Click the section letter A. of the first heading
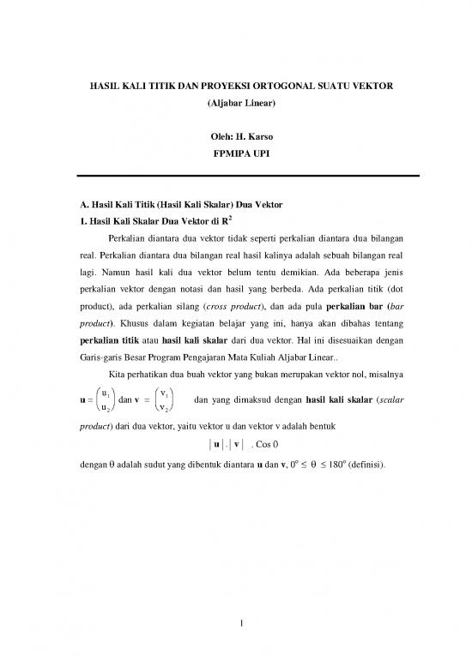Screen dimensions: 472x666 click(x=75, y=207)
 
